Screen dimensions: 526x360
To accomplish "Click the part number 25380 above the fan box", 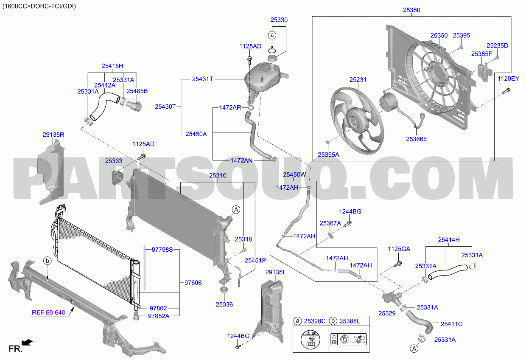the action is coord(411,10).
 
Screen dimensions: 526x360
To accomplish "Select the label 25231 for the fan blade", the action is coord(358,80).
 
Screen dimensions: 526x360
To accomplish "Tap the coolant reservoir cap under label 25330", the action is coord(272,58).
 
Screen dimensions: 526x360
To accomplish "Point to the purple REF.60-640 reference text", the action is coord(48,312).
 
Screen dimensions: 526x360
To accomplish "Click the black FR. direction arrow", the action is coord(27,342).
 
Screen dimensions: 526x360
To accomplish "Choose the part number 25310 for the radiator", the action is coord(218,175).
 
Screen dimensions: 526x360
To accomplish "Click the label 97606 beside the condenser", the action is coord(193,282).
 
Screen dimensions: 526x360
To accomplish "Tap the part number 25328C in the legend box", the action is coord(315,321).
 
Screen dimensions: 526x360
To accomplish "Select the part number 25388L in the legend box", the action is coord(350,321).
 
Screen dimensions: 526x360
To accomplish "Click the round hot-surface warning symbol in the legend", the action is coord(310,339).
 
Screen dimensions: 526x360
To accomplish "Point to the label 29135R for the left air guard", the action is coord(53,135).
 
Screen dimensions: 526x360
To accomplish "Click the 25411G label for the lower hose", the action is coord(452,324).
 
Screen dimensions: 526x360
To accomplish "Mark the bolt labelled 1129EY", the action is coord(506,91).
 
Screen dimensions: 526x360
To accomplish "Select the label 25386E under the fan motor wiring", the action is coord(417,139).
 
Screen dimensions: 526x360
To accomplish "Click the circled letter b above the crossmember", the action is coord(48,261).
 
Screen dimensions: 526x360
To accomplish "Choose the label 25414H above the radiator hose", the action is coord(449,240).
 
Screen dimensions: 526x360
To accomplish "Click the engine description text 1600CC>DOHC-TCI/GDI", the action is coord(39,6).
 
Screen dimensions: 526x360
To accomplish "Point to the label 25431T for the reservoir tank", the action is coord(202,79).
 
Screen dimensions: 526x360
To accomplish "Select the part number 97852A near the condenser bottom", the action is coord(159,316).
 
